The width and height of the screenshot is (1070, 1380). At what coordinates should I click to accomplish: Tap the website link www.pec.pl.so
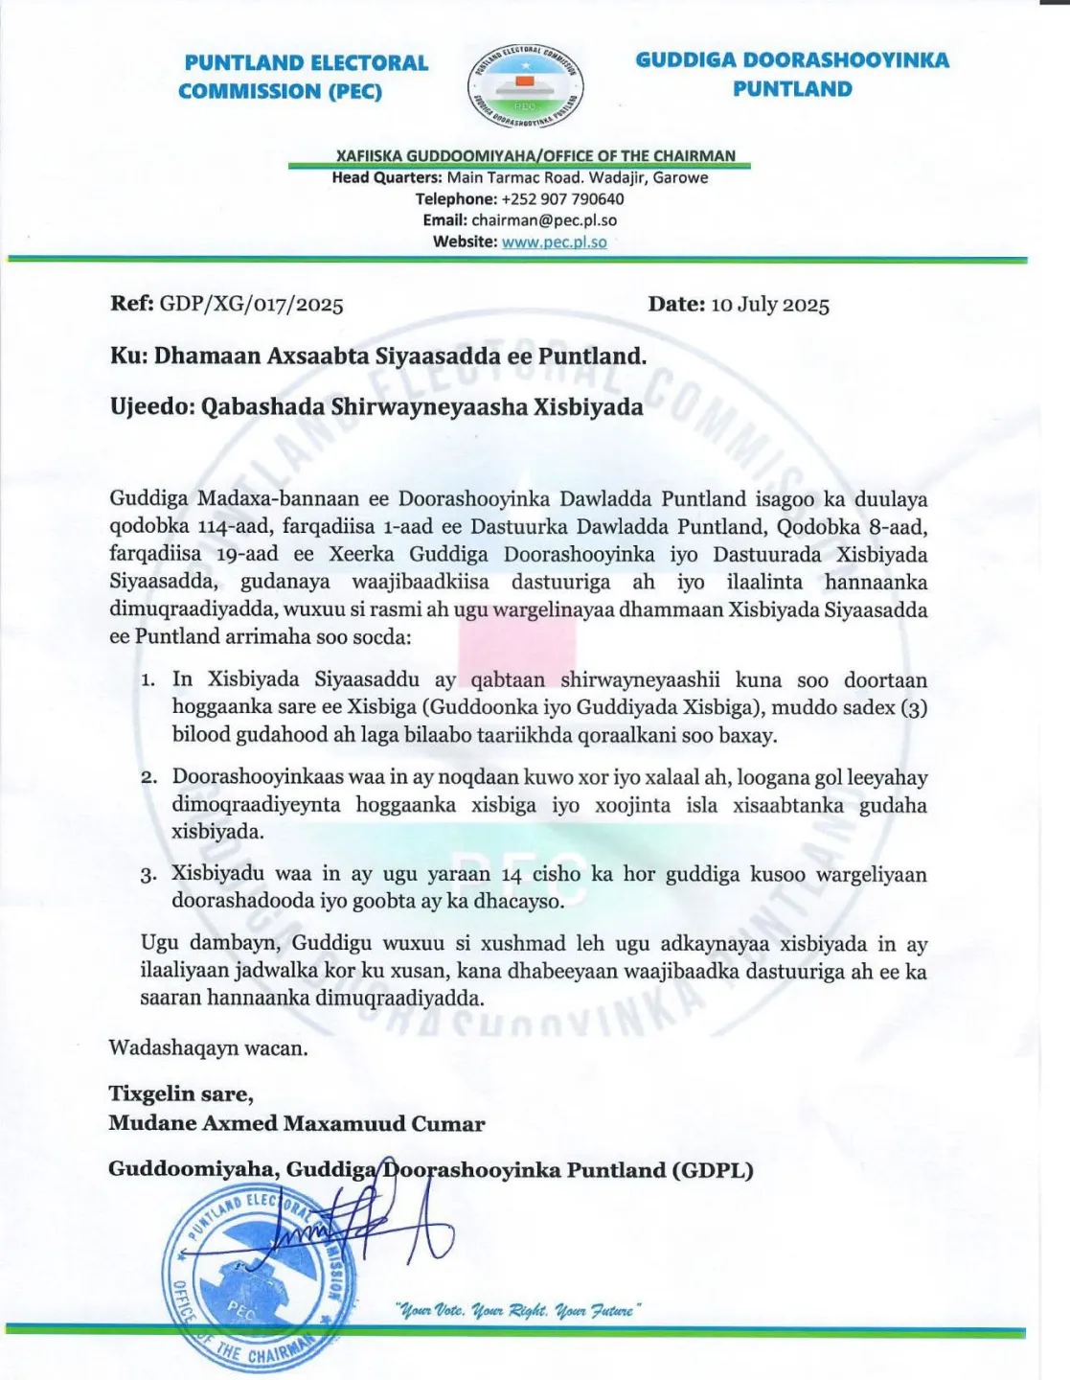(554, 241)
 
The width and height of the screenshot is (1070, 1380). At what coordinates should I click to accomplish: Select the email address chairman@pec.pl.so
(544, 220)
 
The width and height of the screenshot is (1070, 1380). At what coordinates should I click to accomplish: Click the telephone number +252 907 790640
(562, 199)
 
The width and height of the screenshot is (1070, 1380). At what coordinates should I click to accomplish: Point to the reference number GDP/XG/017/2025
(251, 305)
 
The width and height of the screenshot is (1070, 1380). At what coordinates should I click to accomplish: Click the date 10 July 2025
(769, 305)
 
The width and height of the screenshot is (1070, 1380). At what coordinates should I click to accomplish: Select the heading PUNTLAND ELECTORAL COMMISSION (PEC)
(306, 77)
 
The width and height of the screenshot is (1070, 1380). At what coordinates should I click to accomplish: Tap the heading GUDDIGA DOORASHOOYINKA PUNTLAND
(792, 75)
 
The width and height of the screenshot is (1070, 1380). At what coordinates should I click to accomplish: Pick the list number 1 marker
(148, 680)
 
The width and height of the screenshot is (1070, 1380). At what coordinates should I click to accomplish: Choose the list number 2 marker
(148, 778)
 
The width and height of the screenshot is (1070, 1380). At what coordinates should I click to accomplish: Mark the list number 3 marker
(148, 875)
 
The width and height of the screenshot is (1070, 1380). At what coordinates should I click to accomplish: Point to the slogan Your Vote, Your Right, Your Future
(517, 1310)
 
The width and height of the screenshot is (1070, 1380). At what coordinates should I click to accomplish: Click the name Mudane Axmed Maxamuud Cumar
(297, 1123)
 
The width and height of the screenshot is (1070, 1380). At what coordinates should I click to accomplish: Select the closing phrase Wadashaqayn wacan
(209, 1047)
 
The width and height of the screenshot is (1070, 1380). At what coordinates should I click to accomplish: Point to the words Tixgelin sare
(180, 1093)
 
